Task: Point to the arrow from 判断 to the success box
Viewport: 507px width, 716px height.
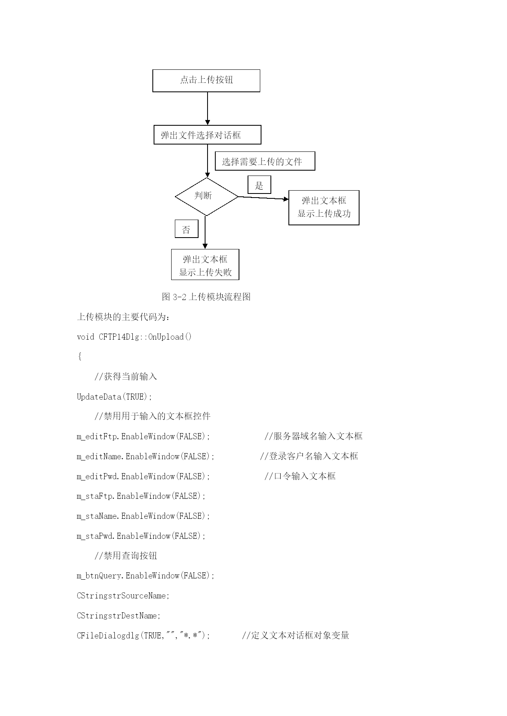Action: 264,198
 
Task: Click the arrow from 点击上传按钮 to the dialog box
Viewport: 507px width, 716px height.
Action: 208,109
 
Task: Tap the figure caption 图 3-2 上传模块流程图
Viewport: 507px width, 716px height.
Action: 206,297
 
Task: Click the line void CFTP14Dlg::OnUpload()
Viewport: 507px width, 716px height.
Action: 134,337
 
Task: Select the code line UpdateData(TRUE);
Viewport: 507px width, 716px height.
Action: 114,397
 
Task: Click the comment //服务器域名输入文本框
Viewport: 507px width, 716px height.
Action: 313,436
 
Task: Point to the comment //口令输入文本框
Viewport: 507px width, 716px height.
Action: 300,476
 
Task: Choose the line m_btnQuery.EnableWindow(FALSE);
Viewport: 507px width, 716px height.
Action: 146,576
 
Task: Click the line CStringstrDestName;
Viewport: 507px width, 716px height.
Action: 119,616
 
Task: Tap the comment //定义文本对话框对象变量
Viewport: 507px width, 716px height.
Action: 296,635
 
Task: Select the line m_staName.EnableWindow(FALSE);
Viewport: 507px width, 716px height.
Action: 143,516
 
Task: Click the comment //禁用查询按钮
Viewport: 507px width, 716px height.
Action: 126,556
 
